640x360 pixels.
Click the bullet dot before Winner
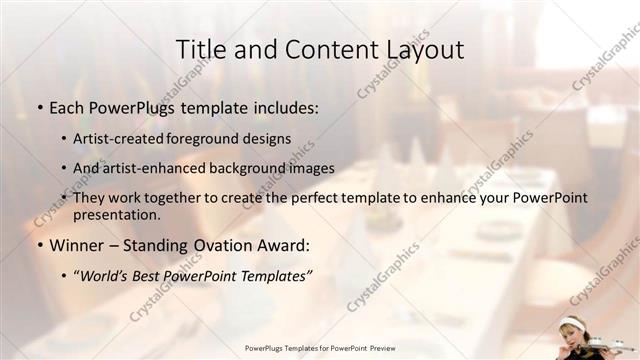[38, 245]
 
